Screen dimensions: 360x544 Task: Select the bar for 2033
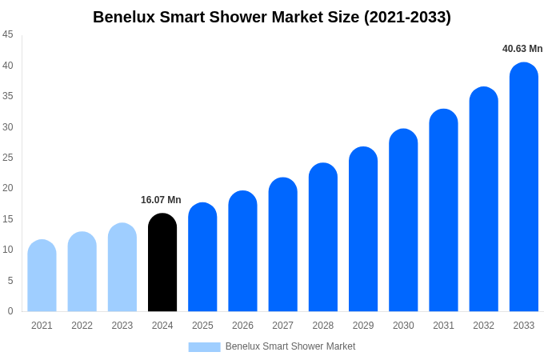pos(523,187)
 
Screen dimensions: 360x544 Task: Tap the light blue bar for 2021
pos(42,276)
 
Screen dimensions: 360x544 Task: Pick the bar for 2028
pos(323,238)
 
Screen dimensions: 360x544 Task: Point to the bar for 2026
pos(242,251)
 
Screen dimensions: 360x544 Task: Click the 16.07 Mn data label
pos(161,200)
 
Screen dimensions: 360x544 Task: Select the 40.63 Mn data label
pos(522,49)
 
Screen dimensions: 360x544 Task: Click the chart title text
pos(272,17)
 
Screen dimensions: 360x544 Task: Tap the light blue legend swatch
pos(204,346)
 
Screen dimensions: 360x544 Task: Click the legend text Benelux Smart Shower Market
pos(290,346)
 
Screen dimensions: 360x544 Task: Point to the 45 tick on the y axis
pos(8,34)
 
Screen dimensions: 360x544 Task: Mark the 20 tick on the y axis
pos(8,188)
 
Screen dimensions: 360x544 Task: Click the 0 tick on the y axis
pos(10,311)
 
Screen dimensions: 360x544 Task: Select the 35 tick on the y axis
pos(8,96)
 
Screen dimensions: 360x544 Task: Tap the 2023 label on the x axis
pos(122,326)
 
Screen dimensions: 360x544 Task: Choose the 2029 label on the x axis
pos(363,326)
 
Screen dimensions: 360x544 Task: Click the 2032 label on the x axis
pos(483,326)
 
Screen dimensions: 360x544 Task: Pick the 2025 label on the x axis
pos(202,326)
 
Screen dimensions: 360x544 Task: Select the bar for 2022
pos(82,272)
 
